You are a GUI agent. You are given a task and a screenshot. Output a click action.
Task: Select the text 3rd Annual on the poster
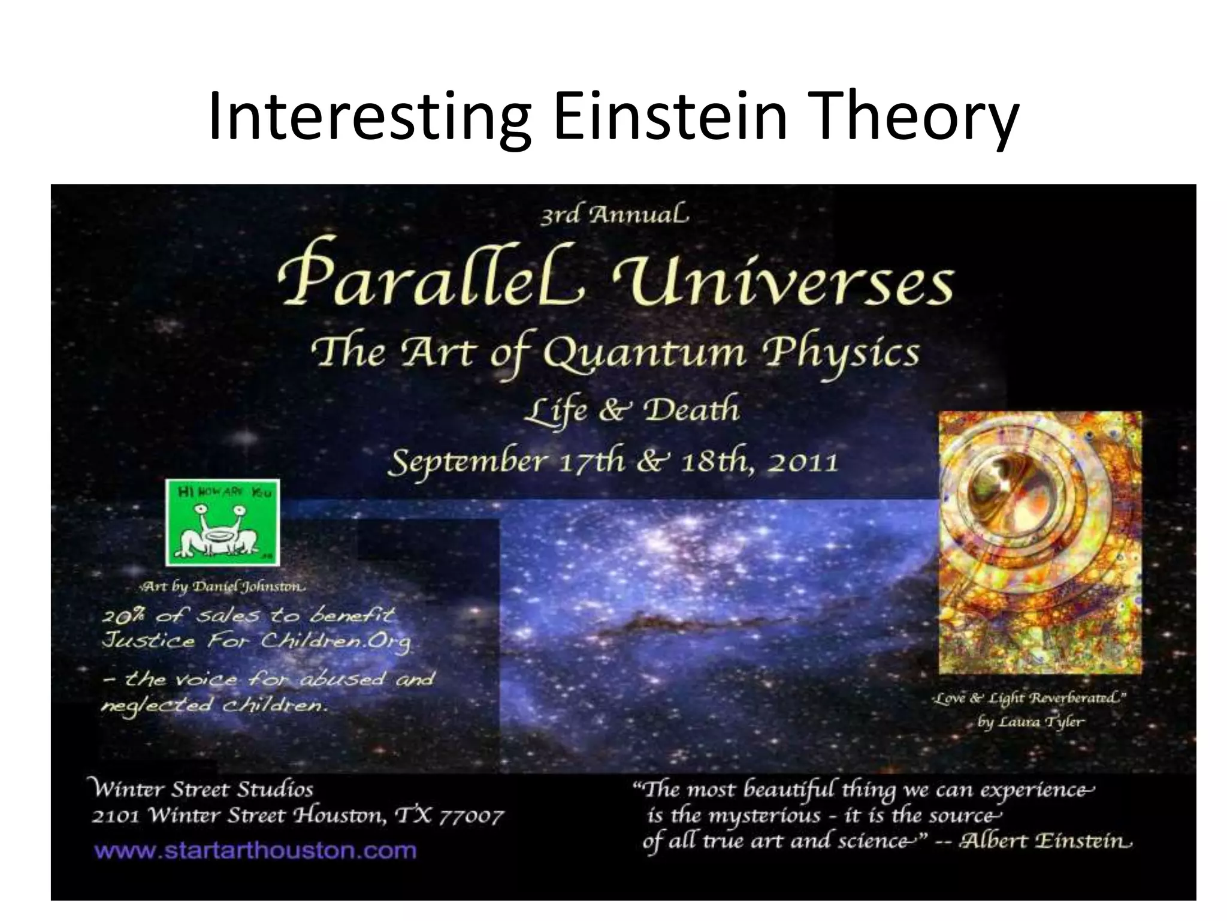pos(614,215)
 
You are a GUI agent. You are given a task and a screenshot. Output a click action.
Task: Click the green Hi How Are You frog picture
pos(223,522)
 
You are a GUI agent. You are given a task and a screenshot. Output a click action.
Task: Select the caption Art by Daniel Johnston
pos(222,587)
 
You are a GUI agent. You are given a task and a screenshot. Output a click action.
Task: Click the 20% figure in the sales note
pos(123,616)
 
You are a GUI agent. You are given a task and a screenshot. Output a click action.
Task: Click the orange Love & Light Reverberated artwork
pos(1039,543)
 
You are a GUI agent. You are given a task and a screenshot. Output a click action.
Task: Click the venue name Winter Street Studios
pos(202,789)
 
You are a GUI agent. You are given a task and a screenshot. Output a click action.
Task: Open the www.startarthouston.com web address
pos(255,850)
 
